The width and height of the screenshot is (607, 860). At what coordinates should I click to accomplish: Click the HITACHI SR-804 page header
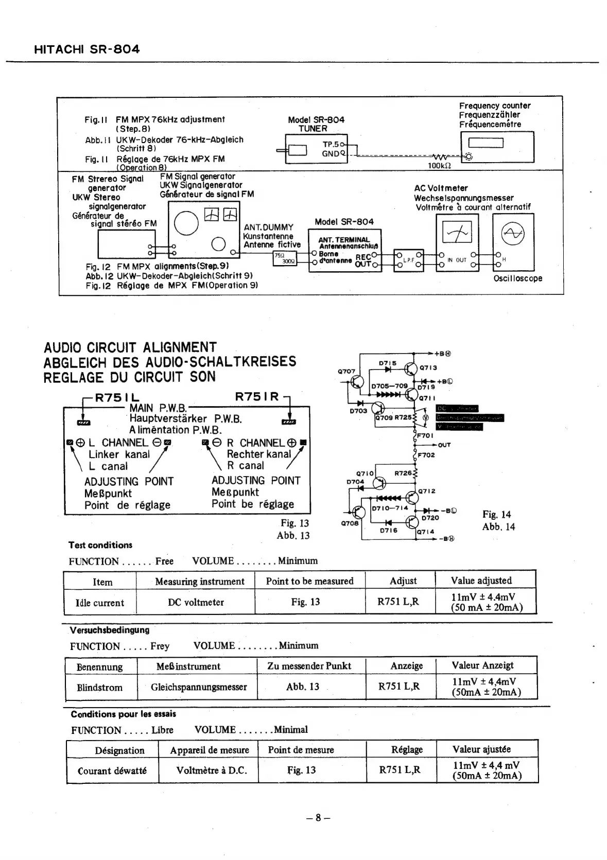pos(86,49)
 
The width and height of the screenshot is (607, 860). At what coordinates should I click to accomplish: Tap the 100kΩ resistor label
pos(439,166)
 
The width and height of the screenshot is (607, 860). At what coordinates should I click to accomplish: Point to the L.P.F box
pos(409,260)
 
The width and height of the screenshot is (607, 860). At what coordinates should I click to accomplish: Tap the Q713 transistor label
pos(428,367)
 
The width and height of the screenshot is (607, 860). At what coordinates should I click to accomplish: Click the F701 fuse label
pos(425,435)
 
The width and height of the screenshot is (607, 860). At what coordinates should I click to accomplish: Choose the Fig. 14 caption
pos(497,514)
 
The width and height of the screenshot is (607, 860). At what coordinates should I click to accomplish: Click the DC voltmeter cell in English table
pos(196,602)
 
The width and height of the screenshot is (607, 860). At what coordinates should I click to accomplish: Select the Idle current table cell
pos(100,603)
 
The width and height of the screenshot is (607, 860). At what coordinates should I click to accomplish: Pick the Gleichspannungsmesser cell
pos(199,687)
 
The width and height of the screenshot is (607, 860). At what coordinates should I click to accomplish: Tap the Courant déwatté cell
pos(112,770)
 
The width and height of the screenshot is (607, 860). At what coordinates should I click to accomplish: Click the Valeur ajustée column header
pos(481,749)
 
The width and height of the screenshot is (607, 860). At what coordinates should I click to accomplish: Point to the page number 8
pos(318,817)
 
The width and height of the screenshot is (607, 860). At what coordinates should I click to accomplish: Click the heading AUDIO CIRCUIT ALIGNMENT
pos(130,347)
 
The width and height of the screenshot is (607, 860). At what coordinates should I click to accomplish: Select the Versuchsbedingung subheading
pos(110,630)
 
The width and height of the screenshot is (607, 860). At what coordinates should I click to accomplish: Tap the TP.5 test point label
pos(331,144)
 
